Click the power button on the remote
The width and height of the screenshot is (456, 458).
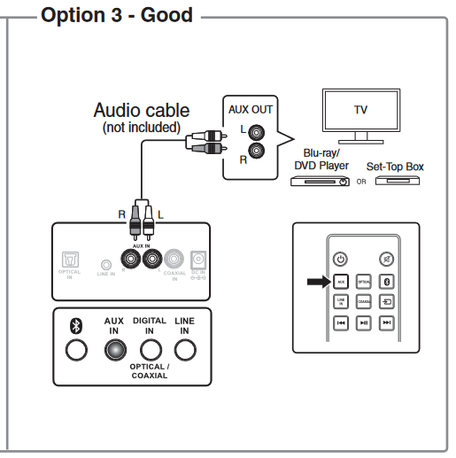click(340, 260)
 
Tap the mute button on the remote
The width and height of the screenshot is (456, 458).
click(386, 260)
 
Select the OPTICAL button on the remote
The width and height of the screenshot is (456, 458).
click(363, 282)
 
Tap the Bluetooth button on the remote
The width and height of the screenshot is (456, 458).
click(386, 282)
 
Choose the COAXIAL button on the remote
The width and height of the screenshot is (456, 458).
click(363, 302)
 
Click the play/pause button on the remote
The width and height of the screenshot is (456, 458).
click(363, 323)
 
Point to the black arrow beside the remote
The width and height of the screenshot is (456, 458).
click(316, 282)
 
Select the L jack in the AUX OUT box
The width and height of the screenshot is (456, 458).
click(256, 131)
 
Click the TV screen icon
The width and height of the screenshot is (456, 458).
click(360, 112)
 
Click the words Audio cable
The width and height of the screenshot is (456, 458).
click(142, 111)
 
